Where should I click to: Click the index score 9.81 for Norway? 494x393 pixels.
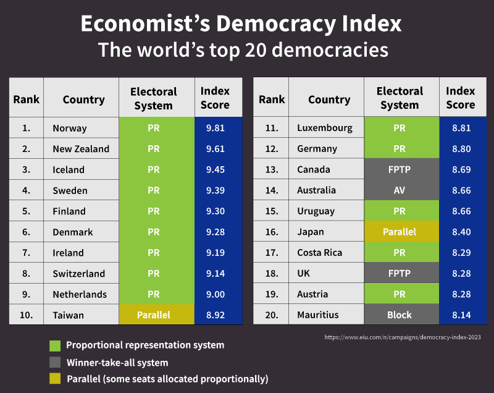tap(215, 128)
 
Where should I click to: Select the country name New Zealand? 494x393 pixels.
tap(81, 149)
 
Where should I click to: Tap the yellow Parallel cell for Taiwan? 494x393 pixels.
tap(154, 315)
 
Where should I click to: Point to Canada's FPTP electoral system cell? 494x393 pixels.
tap(400, 169)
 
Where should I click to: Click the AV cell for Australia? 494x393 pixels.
tap(400, 190)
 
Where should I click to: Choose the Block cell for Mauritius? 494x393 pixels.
tap(400, 315)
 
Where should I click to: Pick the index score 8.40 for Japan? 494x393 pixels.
tap(461, 232)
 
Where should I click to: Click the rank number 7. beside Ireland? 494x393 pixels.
tap(26, 253)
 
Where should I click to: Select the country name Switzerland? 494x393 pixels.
tap(79, 273)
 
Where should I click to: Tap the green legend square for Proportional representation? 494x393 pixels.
tap(55, 345)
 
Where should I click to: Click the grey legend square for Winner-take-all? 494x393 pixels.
tap(55, 362)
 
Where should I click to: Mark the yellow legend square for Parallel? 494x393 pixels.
tap(55, 379)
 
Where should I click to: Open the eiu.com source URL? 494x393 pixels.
tap(402, 337)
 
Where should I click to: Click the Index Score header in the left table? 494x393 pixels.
tap(215, 98)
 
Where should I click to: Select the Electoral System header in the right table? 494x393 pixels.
tap(400, 98)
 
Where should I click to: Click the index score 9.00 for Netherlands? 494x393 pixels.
tap(215, 294)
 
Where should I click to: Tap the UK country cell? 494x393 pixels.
tap(304, 273)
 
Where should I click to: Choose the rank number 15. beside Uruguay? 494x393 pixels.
tap(272, 211)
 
